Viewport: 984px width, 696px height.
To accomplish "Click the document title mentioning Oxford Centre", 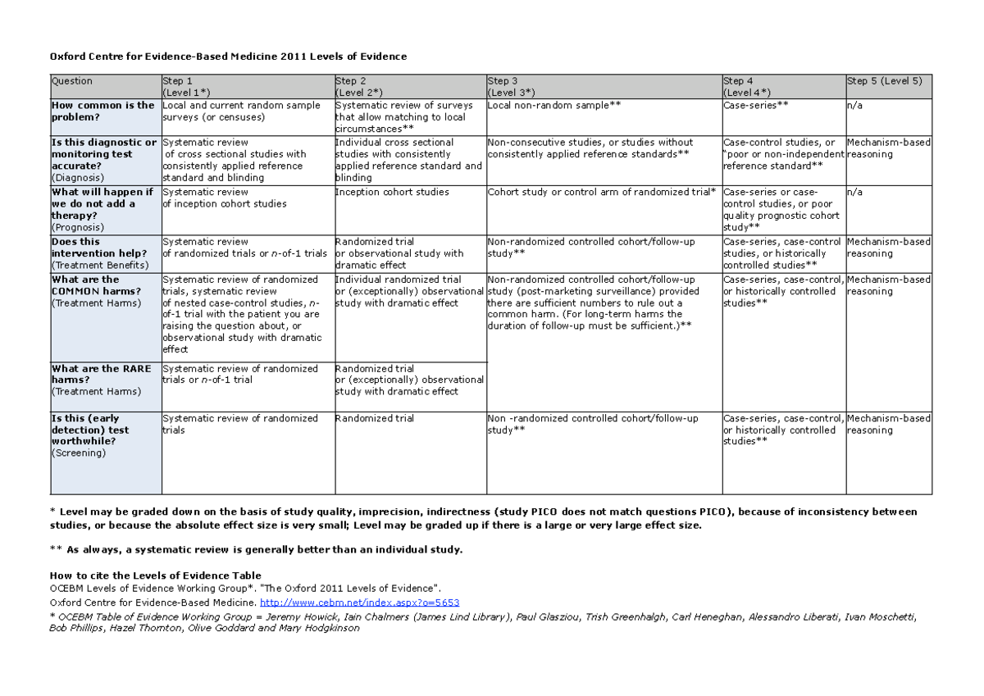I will point(228,56).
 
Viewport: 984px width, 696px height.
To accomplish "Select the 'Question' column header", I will point(72,81).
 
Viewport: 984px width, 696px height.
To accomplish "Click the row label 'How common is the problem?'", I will point(102,111).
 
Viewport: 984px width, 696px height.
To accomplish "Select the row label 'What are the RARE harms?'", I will point(101,380).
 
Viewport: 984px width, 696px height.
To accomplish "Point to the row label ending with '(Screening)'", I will point(78,453).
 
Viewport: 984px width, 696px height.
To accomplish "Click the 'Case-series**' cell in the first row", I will point(755,106).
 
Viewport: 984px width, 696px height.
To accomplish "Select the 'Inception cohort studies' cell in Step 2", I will point(392,192).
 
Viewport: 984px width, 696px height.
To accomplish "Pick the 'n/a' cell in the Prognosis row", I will point(855,192).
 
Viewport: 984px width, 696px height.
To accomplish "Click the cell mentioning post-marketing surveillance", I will point(594,303).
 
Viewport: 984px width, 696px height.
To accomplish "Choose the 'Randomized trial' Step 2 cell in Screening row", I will point(375,418).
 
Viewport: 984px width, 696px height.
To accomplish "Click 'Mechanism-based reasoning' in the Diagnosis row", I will point(889,148).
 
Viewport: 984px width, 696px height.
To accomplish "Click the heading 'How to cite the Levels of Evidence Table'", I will point(156,575).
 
